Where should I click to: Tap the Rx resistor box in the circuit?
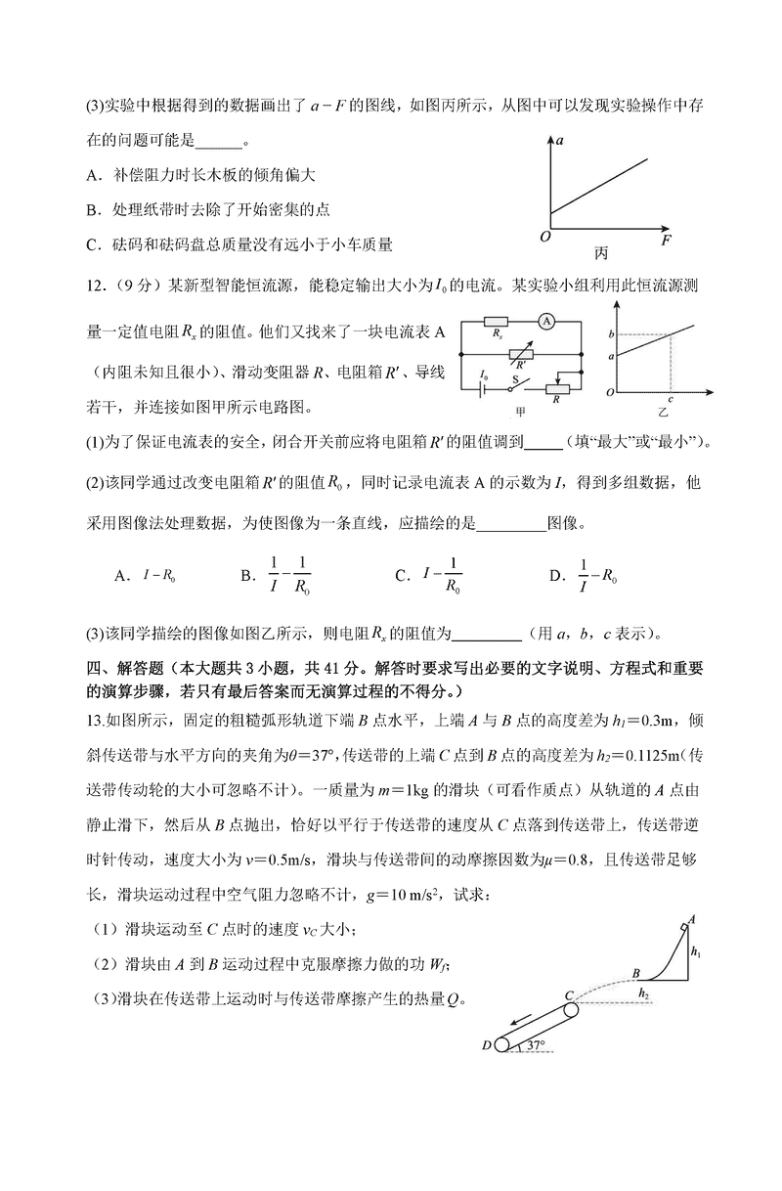[x=499, y=322]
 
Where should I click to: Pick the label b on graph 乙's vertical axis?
[x=611, y=335]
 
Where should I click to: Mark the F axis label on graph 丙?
[x=666, y=239]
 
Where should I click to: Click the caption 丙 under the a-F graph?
[x=600, y=253]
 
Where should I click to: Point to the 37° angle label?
[x=534, y=1045]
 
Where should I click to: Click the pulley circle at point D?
[x=502, y=1044]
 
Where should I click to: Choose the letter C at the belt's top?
[x=567, y=995]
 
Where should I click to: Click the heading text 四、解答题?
[x=124, y=671]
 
